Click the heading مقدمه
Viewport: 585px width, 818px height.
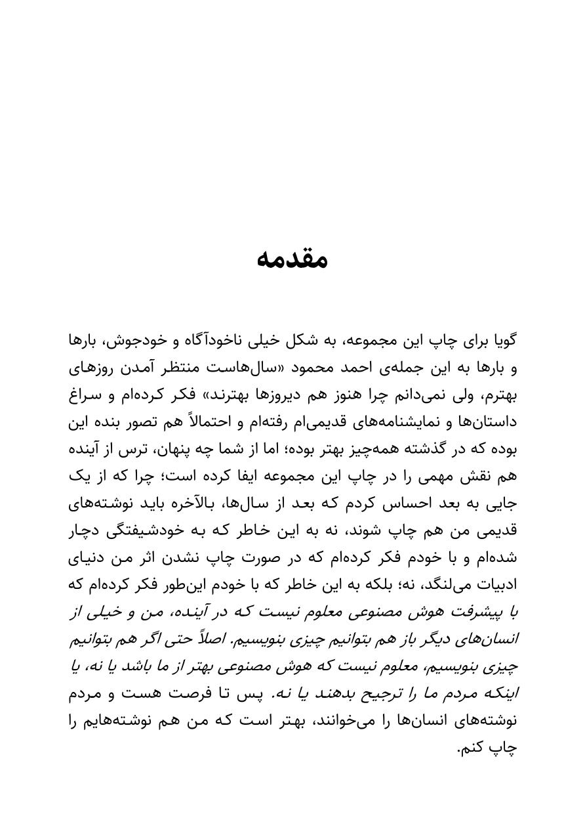292,258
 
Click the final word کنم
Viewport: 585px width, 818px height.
470,748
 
